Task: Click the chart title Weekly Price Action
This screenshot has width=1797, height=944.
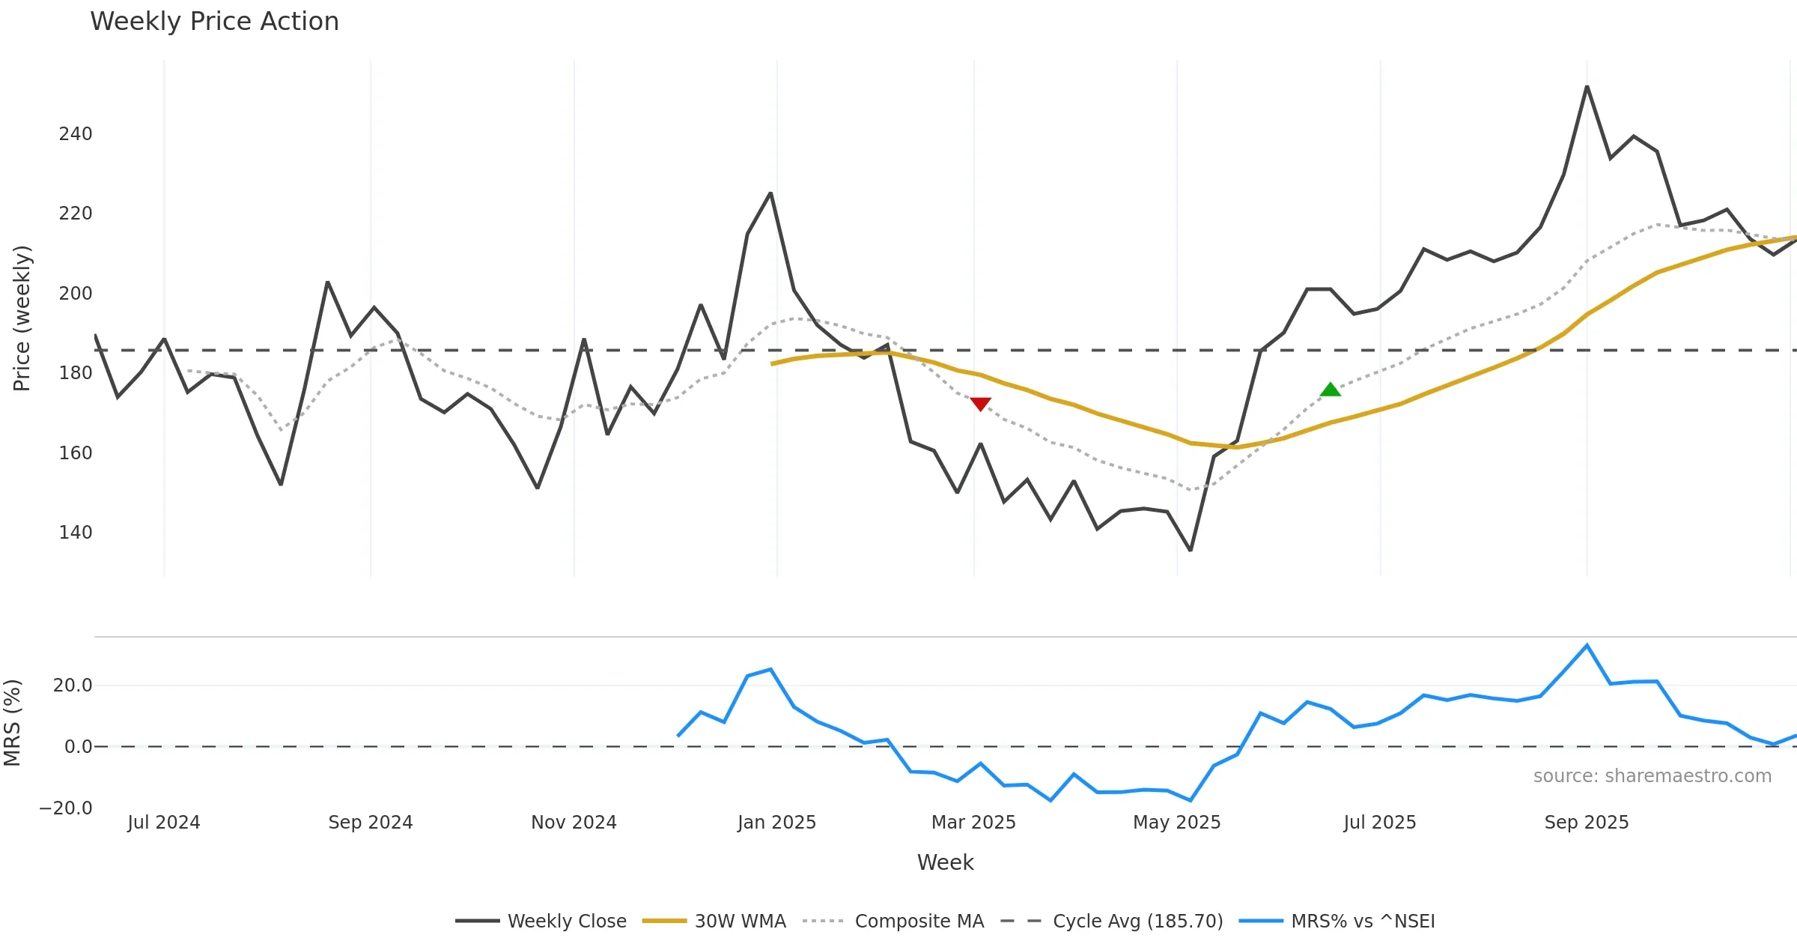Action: coord(214,22)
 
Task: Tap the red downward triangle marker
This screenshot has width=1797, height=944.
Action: coord(980,404)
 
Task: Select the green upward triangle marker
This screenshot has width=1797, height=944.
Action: coord(1331,390)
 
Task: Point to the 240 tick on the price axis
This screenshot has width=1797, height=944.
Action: coord(76,134)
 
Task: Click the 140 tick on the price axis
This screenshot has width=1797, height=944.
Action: coord(76,533)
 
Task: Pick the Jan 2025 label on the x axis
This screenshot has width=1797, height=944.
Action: coord(776,823)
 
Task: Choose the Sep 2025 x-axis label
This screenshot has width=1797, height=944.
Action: coord(1586,823)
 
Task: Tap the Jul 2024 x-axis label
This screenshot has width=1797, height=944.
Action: coord(164,823)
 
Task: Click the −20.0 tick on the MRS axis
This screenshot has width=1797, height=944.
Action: coord(66,808)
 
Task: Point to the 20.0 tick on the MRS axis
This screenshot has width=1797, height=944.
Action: coord(73,686)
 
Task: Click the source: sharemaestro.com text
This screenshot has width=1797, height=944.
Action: coord(1652,776)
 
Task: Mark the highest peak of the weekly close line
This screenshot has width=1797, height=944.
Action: coord(1587,87)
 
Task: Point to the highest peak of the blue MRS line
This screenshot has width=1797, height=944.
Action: coord(1587,645)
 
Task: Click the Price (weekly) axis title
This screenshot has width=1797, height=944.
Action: coord(22,318)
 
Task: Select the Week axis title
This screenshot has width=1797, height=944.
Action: coord(945,863)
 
